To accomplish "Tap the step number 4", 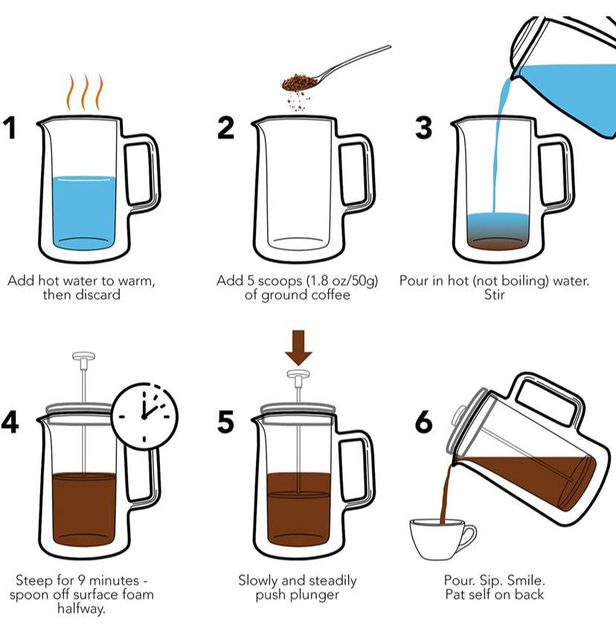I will [11, 421].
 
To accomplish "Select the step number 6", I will [423, 421].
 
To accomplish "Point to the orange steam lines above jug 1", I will [84, 92].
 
